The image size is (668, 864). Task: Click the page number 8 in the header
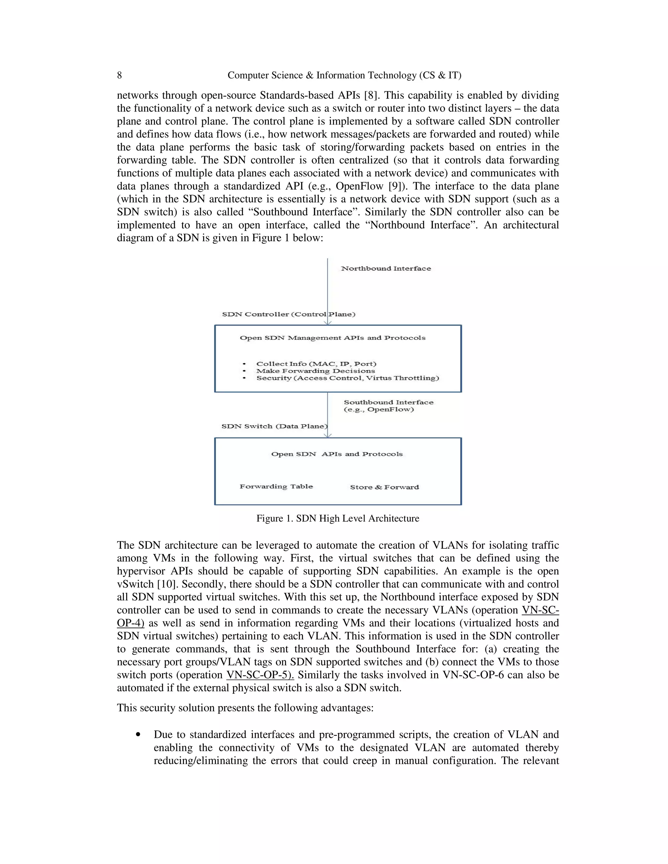pyautogui.click(x=119, y=75)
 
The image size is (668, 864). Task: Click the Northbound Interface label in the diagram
pyautogui.click(x=386, y=269)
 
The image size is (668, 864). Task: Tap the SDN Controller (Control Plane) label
pyautogui.click(x=288, y=315)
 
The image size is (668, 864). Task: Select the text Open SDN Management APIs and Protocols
pyautogui.click(x=332, y=338)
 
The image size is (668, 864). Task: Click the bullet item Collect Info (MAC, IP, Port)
pyautogui.click(x=316, y=364)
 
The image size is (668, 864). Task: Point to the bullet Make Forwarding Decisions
pyautogui.click(x=315, y=371)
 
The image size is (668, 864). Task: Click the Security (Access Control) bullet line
pyautogui.click(x=347, y=378)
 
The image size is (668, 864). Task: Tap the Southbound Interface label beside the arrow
pyautogui.click(x=388, y=402)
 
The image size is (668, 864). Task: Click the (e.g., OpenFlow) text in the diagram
pyautogui.click(x=379, y=410)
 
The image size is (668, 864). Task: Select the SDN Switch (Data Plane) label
pyautogui.click(x=275, y=426)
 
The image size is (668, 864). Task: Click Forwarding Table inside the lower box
pyautogui.click(x=276, y=486)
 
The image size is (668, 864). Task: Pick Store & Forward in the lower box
pyautogui.click(x=384, y=487)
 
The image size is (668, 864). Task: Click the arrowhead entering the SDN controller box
pyautogui.click(x=328, y=323)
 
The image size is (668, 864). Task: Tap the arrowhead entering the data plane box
pyautogui.click(x=328, y=435)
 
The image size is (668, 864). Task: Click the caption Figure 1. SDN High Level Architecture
pyautogui.click(x=338, y=519)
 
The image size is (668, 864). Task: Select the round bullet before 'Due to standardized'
pyautogui.click(x=138, y=735)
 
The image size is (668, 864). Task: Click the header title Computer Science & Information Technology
pyautogui.click(x=344, y=75)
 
